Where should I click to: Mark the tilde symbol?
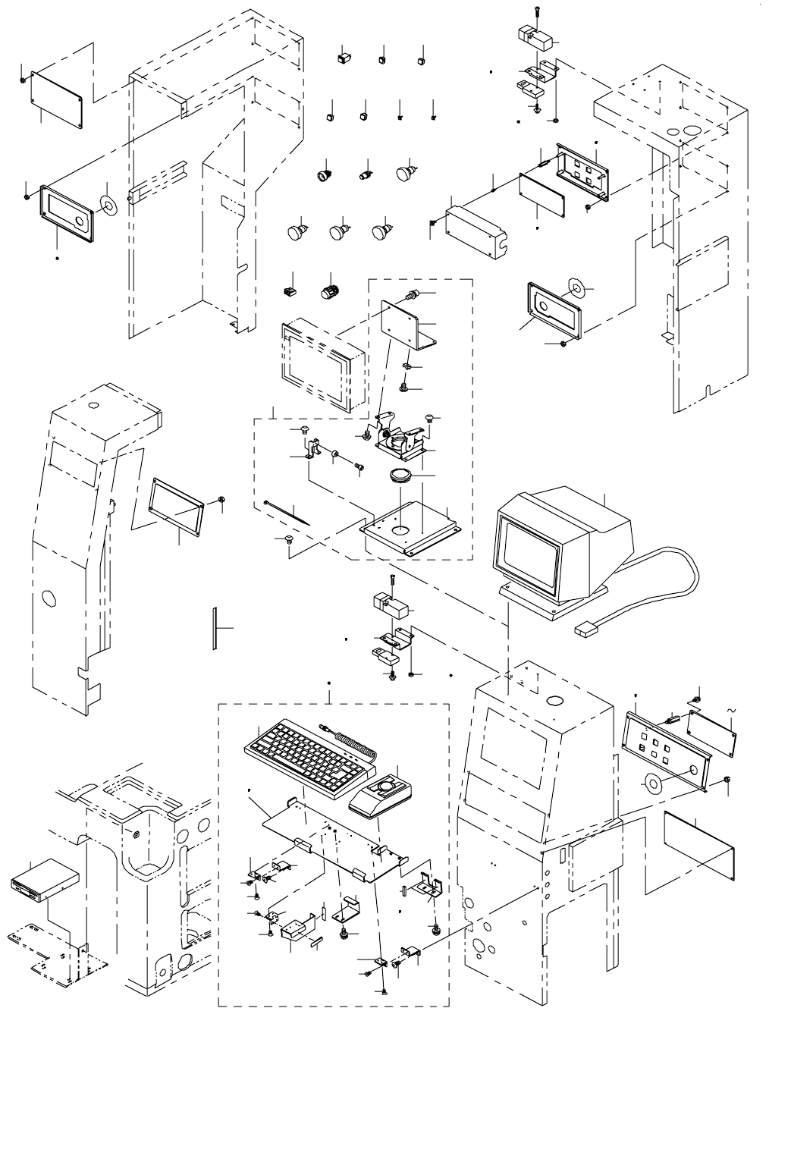click(x=731, y=709)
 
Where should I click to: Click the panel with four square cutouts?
click(x=582, y=172)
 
